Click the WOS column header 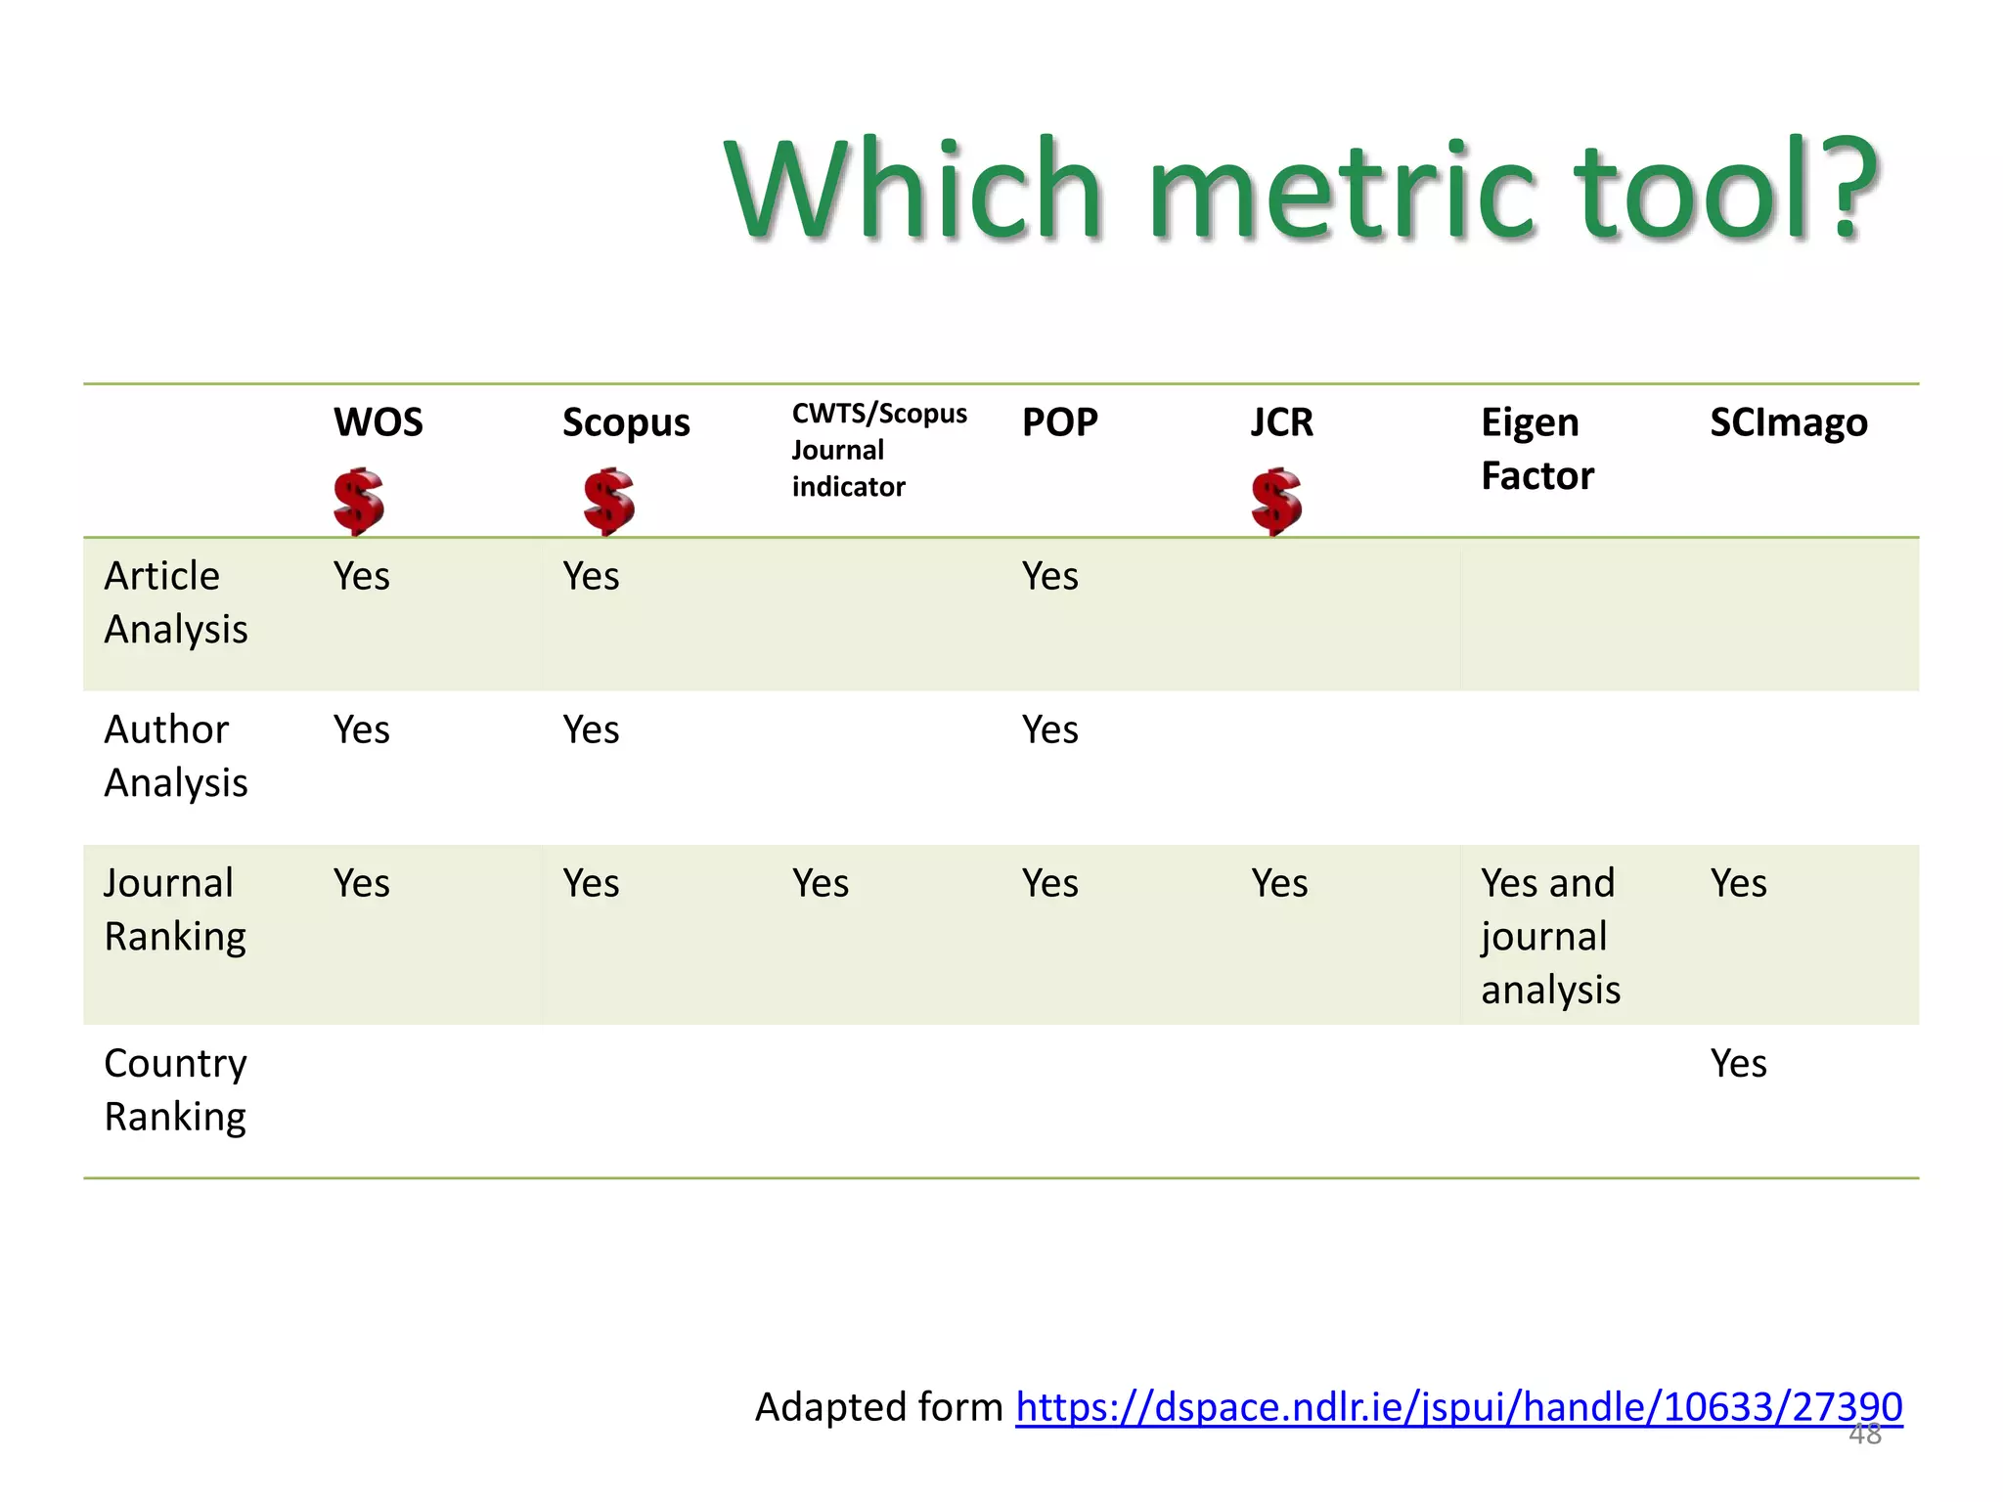pos(378,422)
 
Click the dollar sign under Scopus pos(608,501)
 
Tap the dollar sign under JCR pos(1276,501)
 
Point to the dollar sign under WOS pos(358,501)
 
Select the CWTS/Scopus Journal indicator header pos(877,450)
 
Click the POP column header pos(1059,422)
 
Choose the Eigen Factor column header pos(1536,449)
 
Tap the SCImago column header pos(1788,422)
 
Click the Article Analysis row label pos(176,602)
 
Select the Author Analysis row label pos(176,756)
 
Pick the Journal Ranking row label pos(175,909)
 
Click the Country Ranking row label pos(175,1089)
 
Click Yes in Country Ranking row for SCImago pos(1738,1064)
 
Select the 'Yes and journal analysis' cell pos(1549,936)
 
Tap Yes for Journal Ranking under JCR pos(1278,884)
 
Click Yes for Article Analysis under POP pos(1049,577)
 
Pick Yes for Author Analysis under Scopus pos(591,730)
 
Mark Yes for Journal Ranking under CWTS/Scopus pos(820,884)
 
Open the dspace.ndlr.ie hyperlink pos(1458,1407)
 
